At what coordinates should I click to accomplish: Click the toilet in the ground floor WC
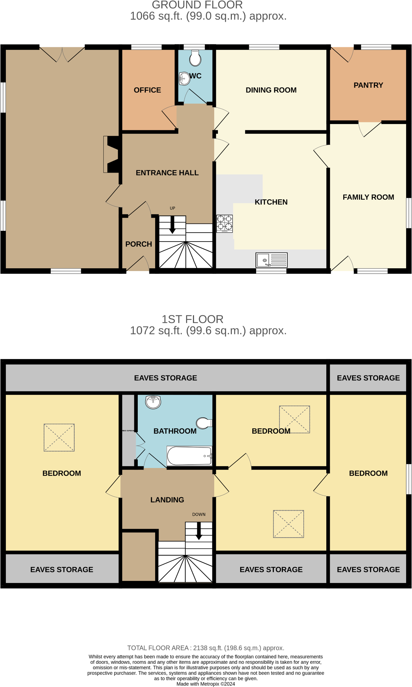[195, 59]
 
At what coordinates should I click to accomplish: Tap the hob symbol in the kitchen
[225, 224]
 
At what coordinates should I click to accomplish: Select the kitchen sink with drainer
[271, 260]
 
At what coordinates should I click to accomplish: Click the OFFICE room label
[147, 90]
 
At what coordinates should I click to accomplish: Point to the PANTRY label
[368, 85]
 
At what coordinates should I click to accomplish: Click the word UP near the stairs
[173, 208]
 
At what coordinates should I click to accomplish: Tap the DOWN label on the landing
[199, 514]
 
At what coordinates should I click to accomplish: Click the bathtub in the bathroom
[189, 455]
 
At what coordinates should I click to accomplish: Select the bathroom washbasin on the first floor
[153, 402]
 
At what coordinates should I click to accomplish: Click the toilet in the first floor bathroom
[204, 423]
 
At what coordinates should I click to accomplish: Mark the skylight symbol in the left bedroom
[59, 437]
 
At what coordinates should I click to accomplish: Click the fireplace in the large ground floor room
[112, 154]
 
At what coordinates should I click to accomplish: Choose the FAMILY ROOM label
[368, 197]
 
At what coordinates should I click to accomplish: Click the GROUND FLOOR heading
[197, 5]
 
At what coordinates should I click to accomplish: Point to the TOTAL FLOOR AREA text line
[205, 648]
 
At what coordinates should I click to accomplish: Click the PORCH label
[138, 244]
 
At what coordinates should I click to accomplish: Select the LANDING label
[167, 500]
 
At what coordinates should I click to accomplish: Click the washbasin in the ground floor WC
[184, 79]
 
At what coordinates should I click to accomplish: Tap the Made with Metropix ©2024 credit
[205, 684]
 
